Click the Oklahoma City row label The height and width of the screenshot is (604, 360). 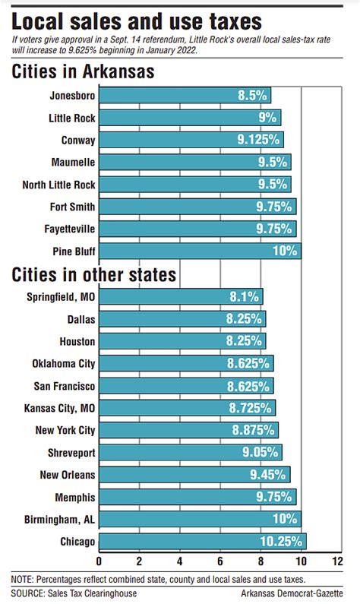click(x=64, y=363)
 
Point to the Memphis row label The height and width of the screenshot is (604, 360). click(x=74, y=497)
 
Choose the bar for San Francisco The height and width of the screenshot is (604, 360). click(x=186, y=385)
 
